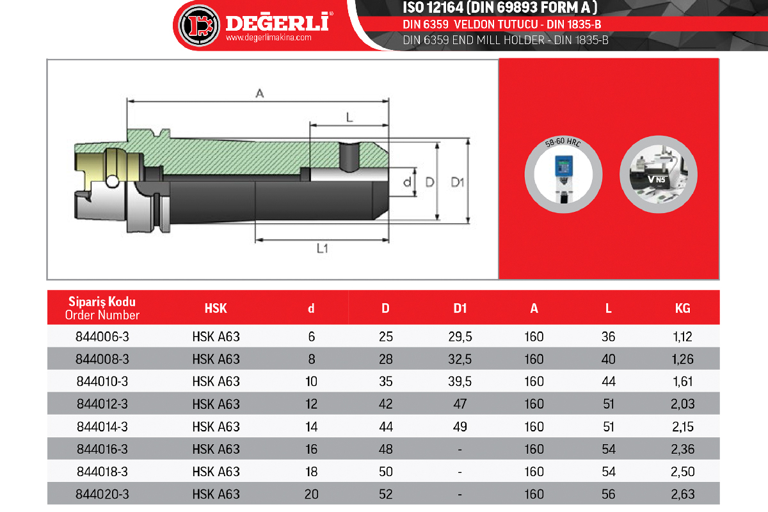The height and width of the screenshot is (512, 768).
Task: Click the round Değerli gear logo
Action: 199,26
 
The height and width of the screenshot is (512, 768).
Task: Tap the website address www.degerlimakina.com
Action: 268,37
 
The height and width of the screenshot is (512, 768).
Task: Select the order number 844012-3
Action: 102,404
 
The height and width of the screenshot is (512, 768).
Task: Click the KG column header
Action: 683,308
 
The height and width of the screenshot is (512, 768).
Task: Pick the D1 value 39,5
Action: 460,381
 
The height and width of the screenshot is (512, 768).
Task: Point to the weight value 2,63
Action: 683,494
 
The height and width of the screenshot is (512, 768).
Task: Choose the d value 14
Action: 311,427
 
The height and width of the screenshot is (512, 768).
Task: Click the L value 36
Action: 608,337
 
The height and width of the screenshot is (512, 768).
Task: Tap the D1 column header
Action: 460,308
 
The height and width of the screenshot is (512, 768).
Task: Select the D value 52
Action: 386,494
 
